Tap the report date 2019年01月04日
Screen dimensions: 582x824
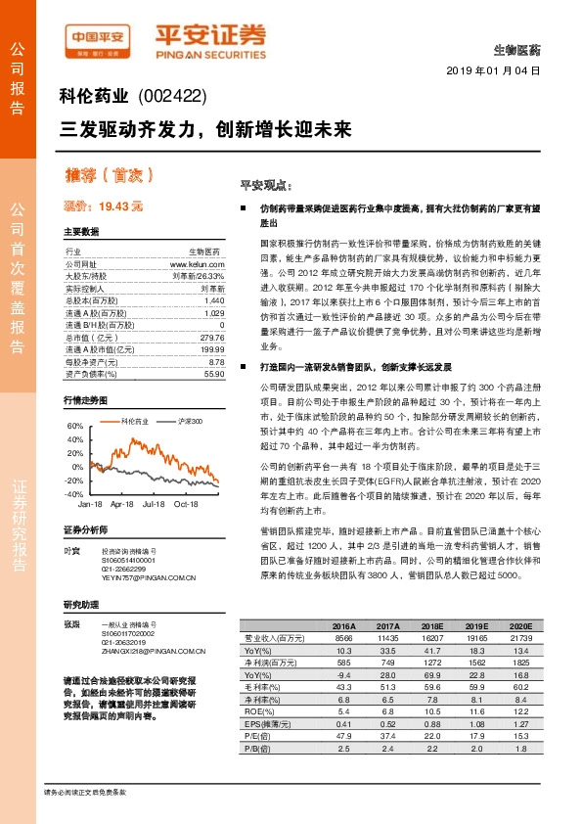point(498,71)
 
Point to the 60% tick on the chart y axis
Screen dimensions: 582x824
point(74,427)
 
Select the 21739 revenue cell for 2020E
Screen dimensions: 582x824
point(519,637)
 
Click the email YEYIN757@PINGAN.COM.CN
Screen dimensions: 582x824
point(146,575)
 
